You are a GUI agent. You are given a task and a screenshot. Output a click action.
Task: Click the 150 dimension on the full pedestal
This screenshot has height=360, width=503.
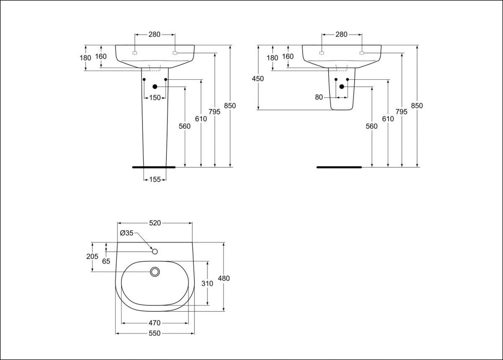(x=155, y=98)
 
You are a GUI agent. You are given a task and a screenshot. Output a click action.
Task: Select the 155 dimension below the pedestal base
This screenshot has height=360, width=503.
(x=155, y=180)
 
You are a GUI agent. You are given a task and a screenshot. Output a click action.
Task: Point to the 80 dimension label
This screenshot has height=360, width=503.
(x=319, y=97)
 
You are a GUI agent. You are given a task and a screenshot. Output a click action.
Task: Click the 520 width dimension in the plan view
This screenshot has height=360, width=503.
(x=155, y=223)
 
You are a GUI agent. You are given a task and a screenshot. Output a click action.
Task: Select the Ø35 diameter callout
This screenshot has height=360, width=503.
(x=126, y=233)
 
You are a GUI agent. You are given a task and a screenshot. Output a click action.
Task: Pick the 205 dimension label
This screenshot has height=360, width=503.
(x=92, y=256)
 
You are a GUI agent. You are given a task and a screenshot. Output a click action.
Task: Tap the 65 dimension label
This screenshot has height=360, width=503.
(x=106, y=261)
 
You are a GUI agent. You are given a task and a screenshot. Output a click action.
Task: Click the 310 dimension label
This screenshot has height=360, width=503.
(x=207, y=283)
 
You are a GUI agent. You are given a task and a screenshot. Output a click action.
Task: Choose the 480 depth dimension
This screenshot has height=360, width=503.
(x=224, y=278)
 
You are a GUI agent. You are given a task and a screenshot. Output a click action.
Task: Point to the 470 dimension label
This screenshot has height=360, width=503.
(x=154, y=323)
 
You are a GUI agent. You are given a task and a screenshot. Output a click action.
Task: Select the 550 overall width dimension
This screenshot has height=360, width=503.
(x=155, y=334)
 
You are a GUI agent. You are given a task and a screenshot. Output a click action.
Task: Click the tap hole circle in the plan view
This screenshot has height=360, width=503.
(x=155, y=251)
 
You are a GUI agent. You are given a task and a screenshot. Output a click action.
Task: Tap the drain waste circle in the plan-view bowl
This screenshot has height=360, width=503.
(x=155, y=272)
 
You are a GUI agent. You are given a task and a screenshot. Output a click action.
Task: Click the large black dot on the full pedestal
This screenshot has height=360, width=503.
(x=155, y=86)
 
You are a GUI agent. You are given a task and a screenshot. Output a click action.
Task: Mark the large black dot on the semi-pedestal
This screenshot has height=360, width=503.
(x=342, y=86)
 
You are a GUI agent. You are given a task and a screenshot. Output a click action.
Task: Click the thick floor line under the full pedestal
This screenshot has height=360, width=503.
(x=153, y=167)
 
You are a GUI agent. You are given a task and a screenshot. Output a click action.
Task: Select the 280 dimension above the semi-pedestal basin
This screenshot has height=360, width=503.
(x=342, y=34)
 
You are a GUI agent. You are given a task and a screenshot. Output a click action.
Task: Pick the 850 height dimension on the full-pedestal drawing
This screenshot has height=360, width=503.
(x=230, y=106)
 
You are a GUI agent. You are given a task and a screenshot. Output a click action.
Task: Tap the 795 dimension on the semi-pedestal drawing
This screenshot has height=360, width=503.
(x=402, y=112)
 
